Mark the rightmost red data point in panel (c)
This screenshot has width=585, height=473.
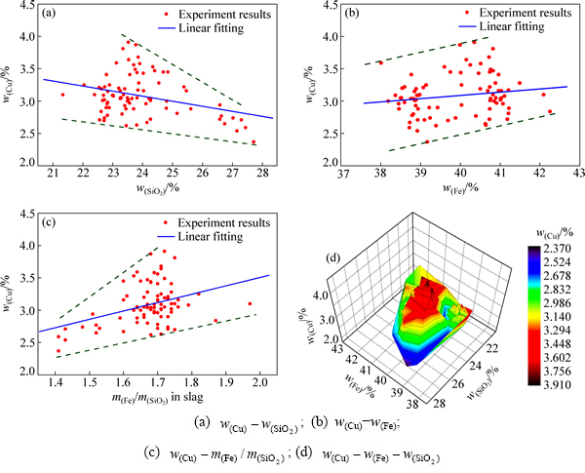pos(250,303)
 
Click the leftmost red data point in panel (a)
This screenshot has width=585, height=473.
pos(62,95)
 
